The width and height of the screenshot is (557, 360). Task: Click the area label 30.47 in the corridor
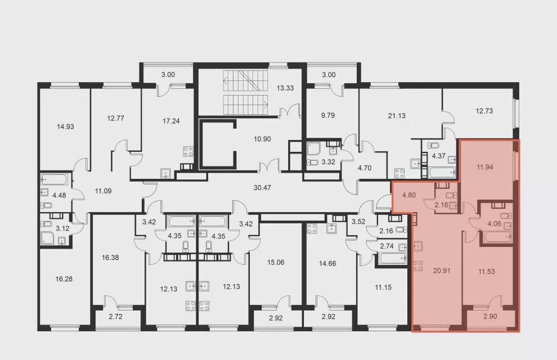(262, 187)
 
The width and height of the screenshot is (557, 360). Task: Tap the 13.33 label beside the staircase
(285, 88)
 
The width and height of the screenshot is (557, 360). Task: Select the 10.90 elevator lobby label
(262, 139)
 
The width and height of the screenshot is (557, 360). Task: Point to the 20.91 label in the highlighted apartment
(442, 271)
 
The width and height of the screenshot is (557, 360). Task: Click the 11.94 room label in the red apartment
(484, 167)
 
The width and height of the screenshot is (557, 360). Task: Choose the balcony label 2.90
(490, 316)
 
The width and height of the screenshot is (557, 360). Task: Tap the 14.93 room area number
(65, 127)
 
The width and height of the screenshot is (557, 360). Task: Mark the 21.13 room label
(397, 116)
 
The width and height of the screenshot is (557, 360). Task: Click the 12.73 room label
(484, 111)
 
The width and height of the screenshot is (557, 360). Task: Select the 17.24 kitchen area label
(171, 121)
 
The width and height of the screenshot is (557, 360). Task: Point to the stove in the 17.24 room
(188, 152)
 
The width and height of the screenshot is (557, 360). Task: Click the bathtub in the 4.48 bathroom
(54, 179)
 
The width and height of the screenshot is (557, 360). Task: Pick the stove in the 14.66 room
(312, 228)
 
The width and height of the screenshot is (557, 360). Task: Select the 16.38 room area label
(110, 258)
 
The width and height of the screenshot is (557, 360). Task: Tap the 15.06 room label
(276, 263)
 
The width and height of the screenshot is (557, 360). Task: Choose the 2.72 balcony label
(116, 316)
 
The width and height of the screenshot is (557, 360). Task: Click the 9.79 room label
(327, 115)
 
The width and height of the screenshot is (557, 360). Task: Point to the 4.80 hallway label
(409, 195)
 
